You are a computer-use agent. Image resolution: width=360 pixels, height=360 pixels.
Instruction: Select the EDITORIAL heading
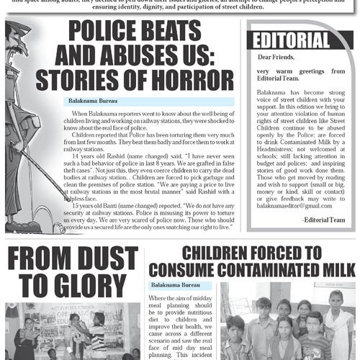[x=291, y=39]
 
